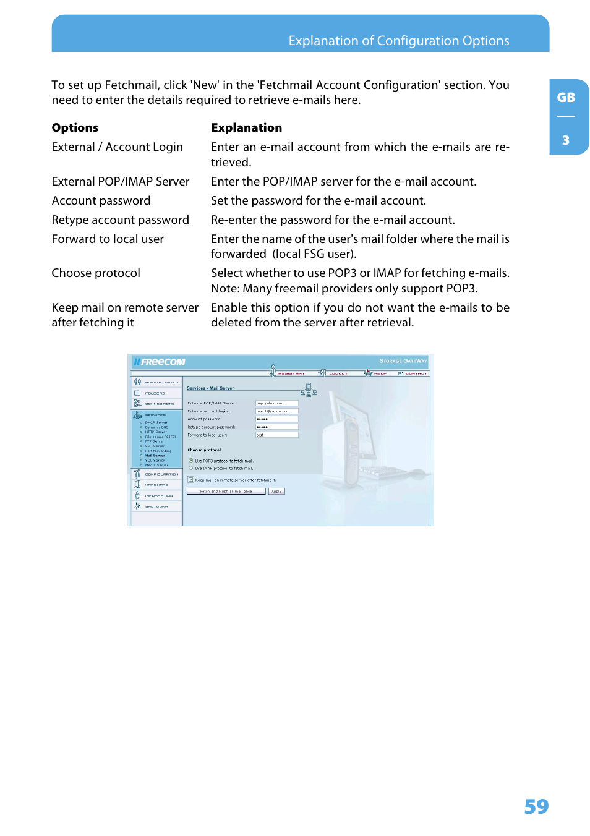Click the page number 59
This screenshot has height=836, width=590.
(x=536, y=806)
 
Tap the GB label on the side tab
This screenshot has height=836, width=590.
(x=566, y=98)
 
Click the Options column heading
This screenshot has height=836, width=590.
(x=75, y=128)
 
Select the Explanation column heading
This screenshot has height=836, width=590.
(x=246, y=128)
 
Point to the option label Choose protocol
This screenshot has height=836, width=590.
(x=96, y=273)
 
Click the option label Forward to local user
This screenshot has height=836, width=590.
(x=108, y=239)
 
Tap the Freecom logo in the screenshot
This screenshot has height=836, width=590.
(x=160, y=362)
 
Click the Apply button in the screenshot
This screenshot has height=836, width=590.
(x=276, y=492)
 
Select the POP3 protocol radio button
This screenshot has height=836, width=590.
(x=191, y=461)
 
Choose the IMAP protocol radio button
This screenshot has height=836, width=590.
(x=191, y=468)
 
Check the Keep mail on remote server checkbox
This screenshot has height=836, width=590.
(x=191, y=480)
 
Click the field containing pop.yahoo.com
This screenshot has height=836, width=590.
(x=277, y=403)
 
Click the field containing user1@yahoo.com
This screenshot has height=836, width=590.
(x=277, y=411)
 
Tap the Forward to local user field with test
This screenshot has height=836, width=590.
(x=277, y=435)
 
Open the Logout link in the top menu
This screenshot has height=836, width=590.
(x=338, y=373)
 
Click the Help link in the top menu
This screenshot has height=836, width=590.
(x=379, y=373)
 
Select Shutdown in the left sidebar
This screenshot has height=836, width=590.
(x=156, y=506)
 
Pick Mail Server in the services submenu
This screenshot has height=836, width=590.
(x=155, y=456)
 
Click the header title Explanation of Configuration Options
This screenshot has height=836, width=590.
(x=399, y=41)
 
